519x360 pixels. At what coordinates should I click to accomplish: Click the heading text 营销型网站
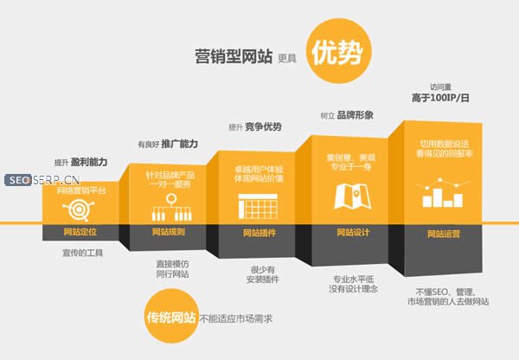(233, 58)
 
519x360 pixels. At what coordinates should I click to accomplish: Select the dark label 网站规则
(169, 232)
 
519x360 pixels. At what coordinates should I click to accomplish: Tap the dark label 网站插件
(257, 232)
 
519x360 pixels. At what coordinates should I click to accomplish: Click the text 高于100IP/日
(438, 99)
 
